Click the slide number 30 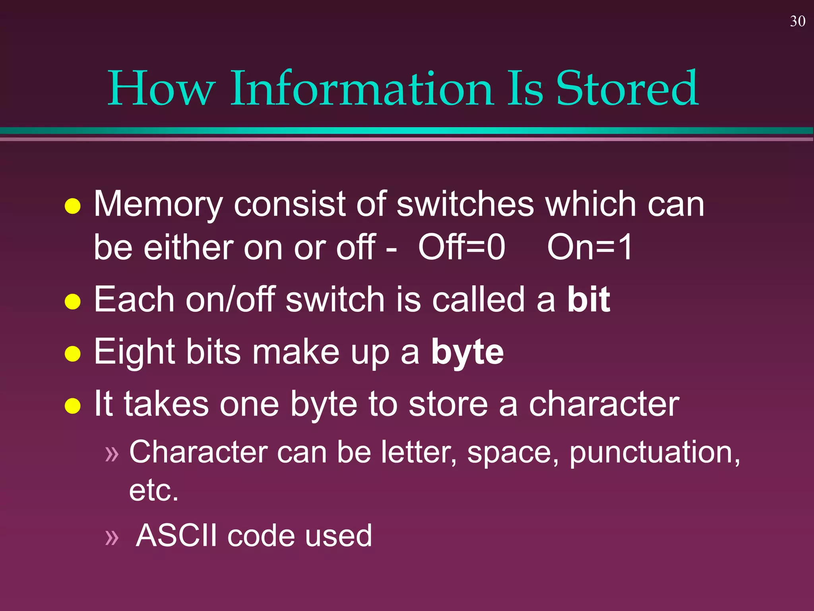[x=797, y=21]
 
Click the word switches [x=465, y=204]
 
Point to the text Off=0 [x=461, y=247]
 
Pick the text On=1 [x=589, y=247]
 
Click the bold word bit [x=588, y=299]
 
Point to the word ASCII [x=176, y=535]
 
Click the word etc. [x=153, y=490]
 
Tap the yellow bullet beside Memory [x=73, y=206]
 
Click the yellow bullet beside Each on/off [x=73, y=301]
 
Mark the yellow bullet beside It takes [x=73, y=406]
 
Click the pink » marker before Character [x=112, y=454]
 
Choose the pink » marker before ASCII [x=112, y=537]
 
